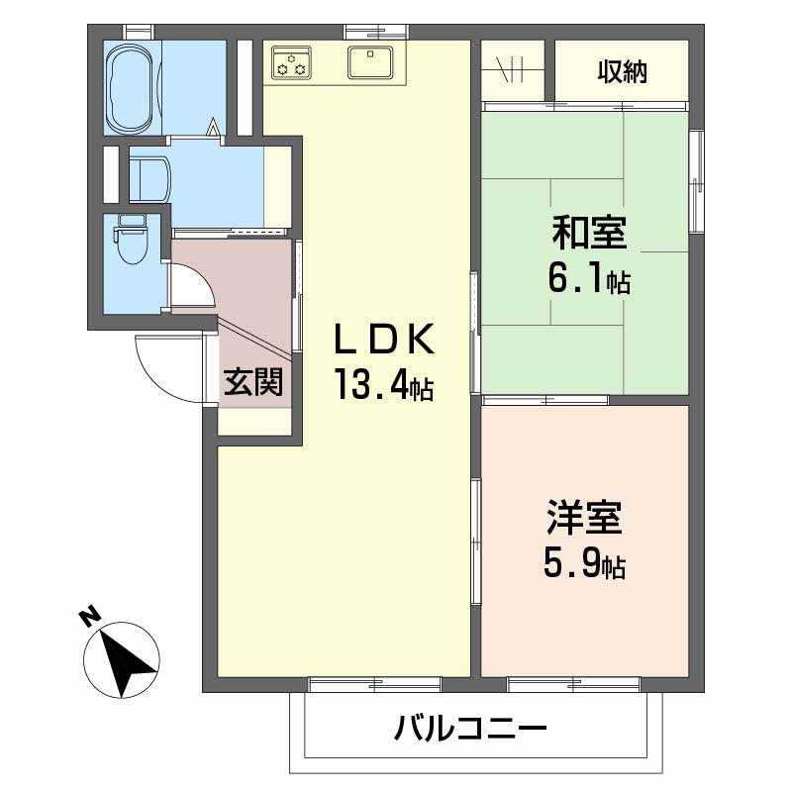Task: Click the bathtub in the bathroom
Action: click(x=132, y=87)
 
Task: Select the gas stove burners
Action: click(x=290, y=62)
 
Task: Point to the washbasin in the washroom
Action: click(x=149, y=178)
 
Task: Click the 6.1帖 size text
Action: click(x=588, y=281)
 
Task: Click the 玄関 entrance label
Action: click(x=254, y=382)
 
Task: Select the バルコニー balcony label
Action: click(x=471, y=732)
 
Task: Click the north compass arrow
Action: click(x=127, y=658)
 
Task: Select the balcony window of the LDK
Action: click(x=374, y=683)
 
